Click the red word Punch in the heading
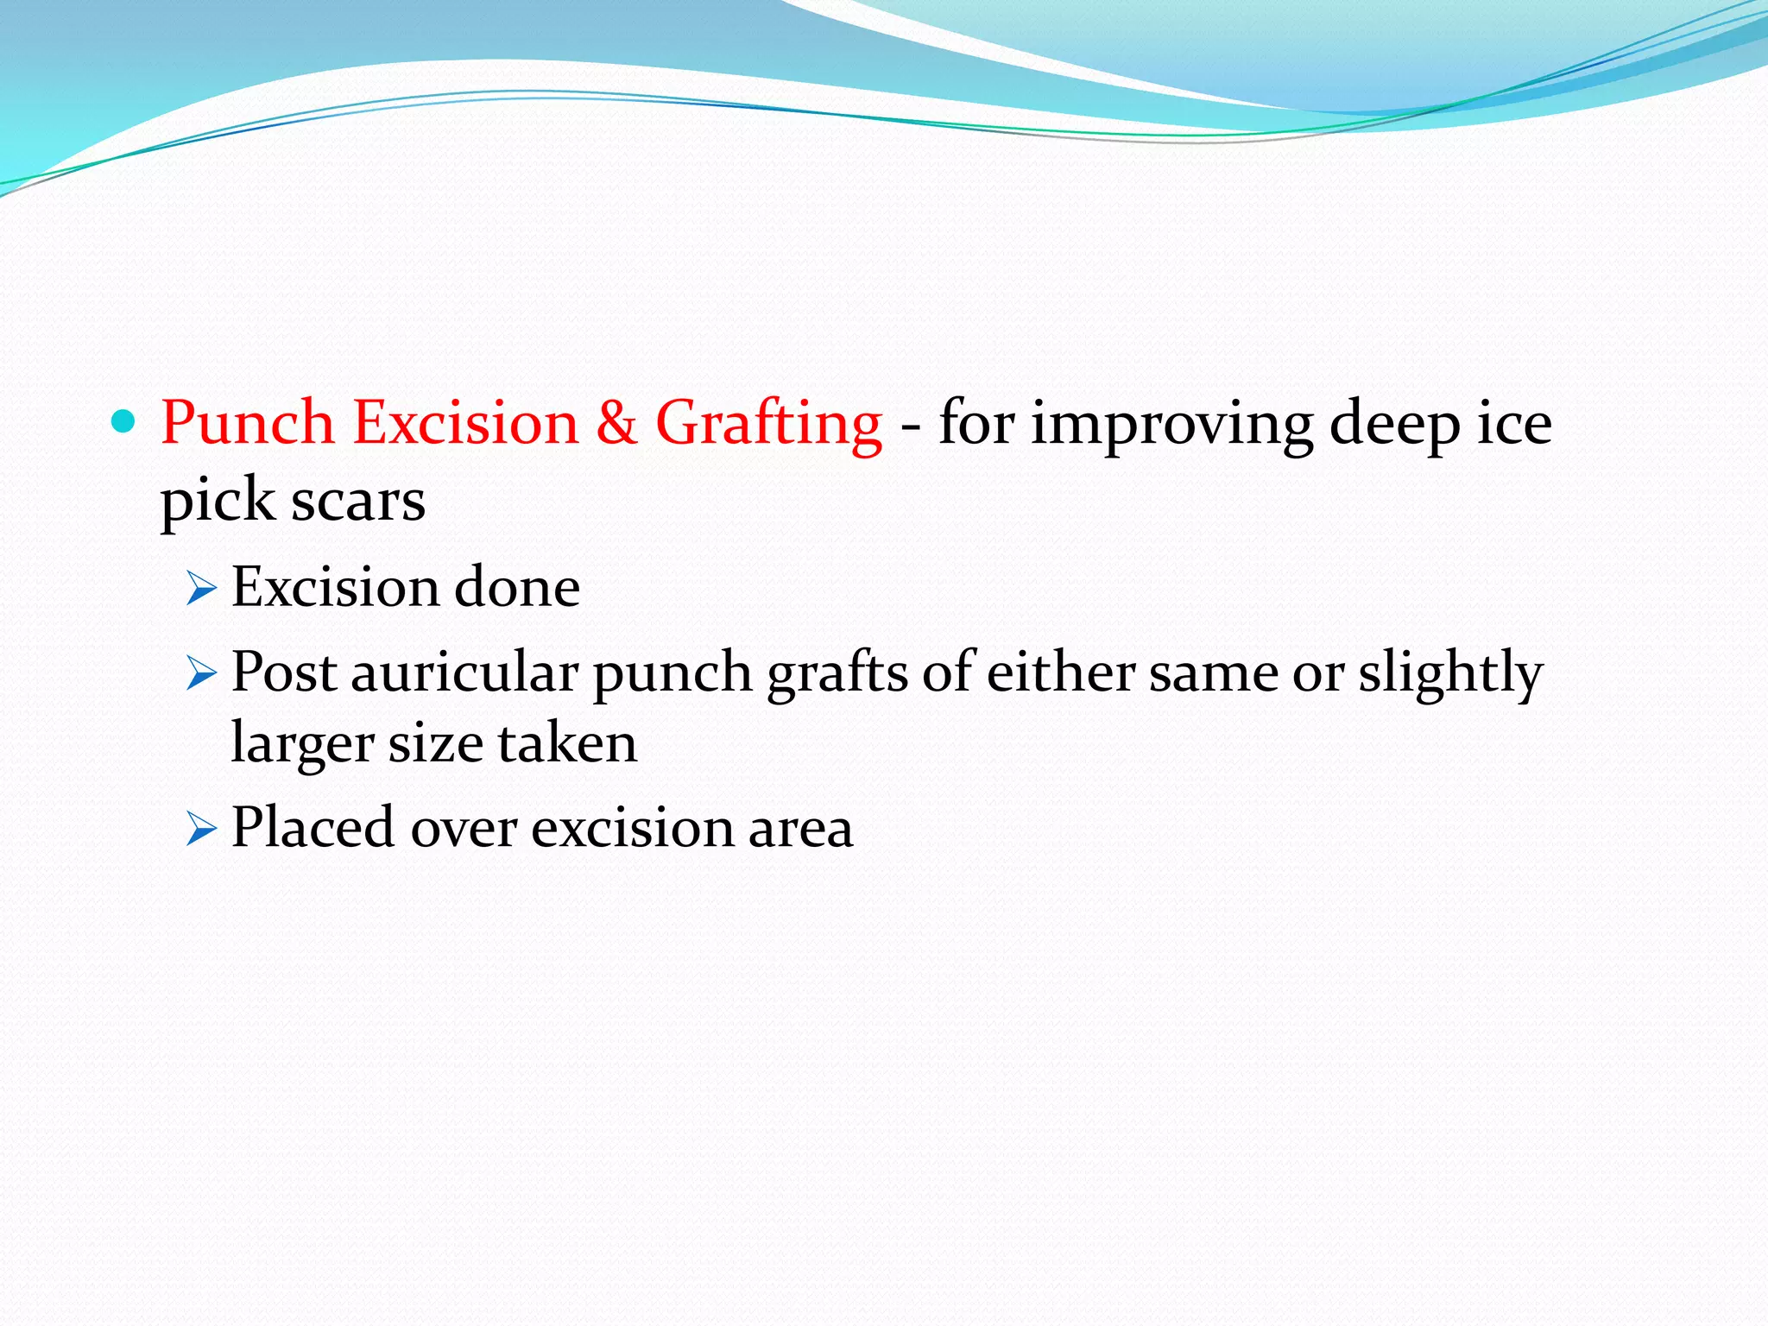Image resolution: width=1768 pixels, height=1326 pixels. (247, 423)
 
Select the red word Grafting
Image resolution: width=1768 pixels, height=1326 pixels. (768, 425)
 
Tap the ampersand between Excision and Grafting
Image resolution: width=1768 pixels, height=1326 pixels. (616, 423)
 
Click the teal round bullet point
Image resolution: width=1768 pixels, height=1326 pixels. (124, 421)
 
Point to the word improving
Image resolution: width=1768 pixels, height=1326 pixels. (1171, 425)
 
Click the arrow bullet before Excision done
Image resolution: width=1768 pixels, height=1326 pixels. (200, 590)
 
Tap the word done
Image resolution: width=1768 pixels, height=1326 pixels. (516, 588)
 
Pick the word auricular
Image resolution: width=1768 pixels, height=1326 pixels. (464, 672)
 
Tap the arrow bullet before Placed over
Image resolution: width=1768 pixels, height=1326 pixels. (200, 830)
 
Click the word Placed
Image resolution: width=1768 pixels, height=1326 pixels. (313, 827)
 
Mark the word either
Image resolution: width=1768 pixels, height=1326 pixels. (1059, 672)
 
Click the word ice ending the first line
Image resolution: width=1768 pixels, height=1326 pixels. (1514, 423)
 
